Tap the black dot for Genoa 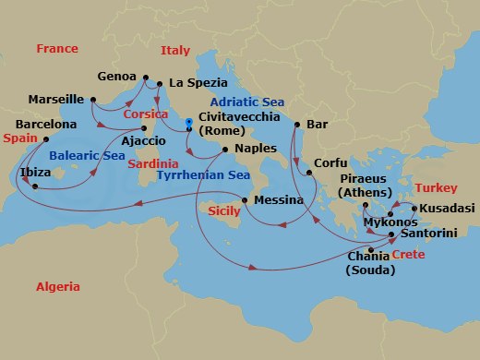pyautogui.click(x=145, y=77)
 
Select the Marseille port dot pyautogui.click(x=93, y=99)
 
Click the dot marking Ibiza pyautogui.click(x=34, y=187)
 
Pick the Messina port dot pyautogui.click(x=244, y=200)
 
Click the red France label pyautogui.click(x=57, y=48)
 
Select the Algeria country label pyautogui.click(x=58, y=287)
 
